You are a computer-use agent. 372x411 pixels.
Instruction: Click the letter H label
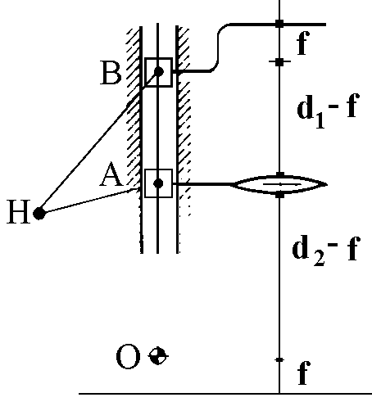pyautogui.click(x=18, y=211)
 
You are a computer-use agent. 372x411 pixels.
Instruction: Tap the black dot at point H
pyautogui.click(x=39, y=213)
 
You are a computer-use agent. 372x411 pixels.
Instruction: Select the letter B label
pyautogui.click(x=111, y=73)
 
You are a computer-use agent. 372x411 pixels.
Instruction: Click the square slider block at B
pyautogui.click(x=158, y=72)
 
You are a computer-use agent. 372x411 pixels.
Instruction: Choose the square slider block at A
pyautogui.click(x=158, y=183)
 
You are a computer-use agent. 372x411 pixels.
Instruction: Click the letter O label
pyautogui.click(x=128, y=356)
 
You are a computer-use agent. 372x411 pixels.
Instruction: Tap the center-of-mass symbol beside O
pyautogui.click(x=158, y=355)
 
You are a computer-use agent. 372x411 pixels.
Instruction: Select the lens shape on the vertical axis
pyautogui.click(x=279, y=184)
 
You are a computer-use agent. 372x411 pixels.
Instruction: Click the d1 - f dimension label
pyautogui.click(x=327, y=110)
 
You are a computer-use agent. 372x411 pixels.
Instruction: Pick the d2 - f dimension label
pyautogui.click(x=325, y=251)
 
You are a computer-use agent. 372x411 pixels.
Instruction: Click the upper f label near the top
pyautogui.click(x=303, y=43)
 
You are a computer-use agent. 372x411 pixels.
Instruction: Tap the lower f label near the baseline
pyautogui.click(x=303, y=373)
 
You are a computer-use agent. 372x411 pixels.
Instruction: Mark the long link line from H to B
pyautogui.click(x=98, y=142)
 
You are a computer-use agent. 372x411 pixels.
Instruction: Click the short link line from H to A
pyautogui.click(x=88, y=201)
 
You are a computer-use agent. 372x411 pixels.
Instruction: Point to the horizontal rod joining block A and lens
pyautogui.click(x=203, y=184)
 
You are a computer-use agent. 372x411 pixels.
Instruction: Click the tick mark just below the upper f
pyautogui.click(x=279, y=62)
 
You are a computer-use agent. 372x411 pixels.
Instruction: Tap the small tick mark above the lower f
pyautogui.click(x=279, y=360)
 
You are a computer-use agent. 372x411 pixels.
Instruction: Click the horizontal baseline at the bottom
pyautogui.click(x=225, y=394)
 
